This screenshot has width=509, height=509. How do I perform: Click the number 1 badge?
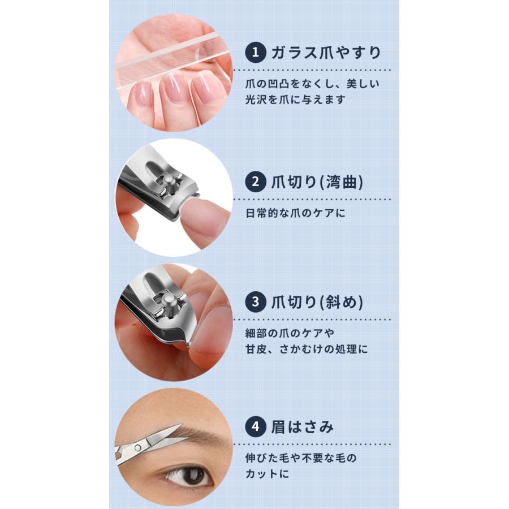[256, 52]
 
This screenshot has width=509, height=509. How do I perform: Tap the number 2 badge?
[256, 182]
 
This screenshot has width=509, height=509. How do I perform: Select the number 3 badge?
[256, 302]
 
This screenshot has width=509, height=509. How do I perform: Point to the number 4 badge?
[256, 426]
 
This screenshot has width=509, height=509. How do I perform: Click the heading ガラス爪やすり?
[326, 52]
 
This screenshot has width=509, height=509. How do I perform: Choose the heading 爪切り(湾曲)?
[317, 182]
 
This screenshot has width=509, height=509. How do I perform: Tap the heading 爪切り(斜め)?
[317, 302]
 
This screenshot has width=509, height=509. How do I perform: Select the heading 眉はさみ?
[302, 426]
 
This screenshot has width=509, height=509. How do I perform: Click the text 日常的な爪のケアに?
[295, 213]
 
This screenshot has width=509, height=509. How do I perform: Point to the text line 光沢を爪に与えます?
[295, 100]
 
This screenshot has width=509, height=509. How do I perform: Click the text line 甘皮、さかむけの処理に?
[307, 350]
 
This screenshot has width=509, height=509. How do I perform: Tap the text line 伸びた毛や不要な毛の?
[301, 458]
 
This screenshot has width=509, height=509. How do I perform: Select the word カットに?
[267, 474]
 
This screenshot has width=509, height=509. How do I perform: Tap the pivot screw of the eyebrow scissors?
[137, 448]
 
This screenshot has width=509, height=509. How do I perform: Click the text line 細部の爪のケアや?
[290, 333]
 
